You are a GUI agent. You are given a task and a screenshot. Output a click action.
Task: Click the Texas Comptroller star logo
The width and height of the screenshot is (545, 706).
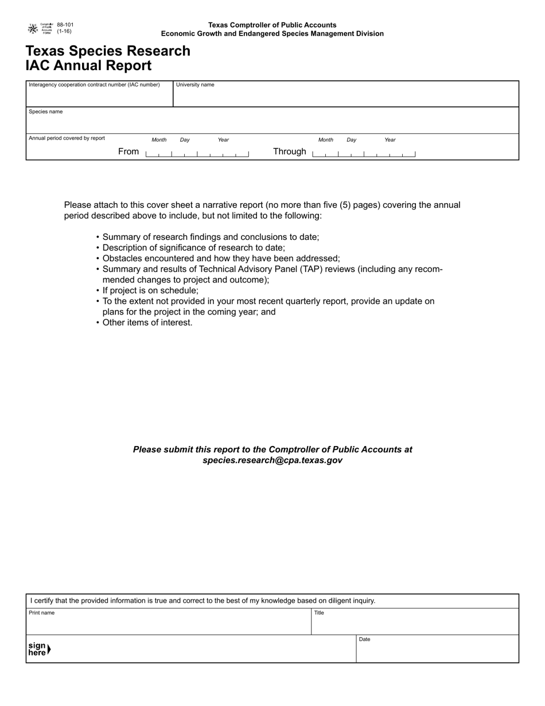[x=33, y=28]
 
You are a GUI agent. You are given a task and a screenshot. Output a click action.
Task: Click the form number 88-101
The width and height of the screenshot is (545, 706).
[x=65, y=25]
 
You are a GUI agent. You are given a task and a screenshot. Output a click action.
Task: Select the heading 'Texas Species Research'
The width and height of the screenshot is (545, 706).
[x=108, y=51]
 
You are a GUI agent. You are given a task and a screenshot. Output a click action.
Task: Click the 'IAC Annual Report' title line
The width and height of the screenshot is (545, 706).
[x=88, y=65]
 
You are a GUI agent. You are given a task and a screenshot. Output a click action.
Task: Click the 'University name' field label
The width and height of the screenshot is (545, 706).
[x=195, y=85]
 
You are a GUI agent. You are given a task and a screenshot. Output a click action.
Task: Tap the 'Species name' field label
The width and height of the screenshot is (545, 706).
[x=46, y=112]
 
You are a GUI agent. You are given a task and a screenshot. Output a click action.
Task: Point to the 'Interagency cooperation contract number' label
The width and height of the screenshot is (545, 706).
[x=94, y=85]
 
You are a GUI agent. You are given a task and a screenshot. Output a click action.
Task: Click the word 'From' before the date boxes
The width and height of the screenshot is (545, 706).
[x=129, y=152]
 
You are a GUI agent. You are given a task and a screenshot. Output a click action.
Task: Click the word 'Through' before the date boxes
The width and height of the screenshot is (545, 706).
[x=290, y=152]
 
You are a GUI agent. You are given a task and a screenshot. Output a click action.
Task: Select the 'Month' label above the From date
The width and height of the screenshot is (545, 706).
[x=159, y=140]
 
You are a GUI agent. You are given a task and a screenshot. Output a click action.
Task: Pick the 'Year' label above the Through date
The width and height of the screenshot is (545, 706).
[x=390, y=140]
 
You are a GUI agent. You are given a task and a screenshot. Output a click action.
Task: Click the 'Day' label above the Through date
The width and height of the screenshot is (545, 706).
[x=351, y=140]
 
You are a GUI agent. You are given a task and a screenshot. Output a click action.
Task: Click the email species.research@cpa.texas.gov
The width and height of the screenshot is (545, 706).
[x=272, y=460]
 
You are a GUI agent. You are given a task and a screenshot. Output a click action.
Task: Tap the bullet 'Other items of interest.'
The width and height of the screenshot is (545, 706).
[x=147, y=323]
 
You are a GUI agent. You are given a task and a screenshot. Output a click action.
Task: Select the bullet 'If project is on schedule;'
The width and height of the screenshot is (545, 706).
[x=150, y=290]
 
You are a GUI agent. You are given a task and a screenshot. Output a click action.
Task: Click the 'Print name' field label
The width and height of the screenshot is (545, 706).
[x=42, y=613]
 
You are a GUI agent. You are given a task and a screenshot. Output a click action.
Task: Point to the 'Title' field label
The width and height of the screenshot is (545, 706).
[x=319, y=613]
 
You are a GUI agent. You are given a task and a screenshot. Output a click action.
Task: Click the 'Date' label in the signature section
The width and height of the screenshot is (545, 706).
[x=364, y=639]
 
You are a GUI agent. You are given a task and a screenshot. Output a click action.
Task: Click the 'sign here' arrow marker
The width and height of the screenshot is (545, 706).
[x=49, y=649]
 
